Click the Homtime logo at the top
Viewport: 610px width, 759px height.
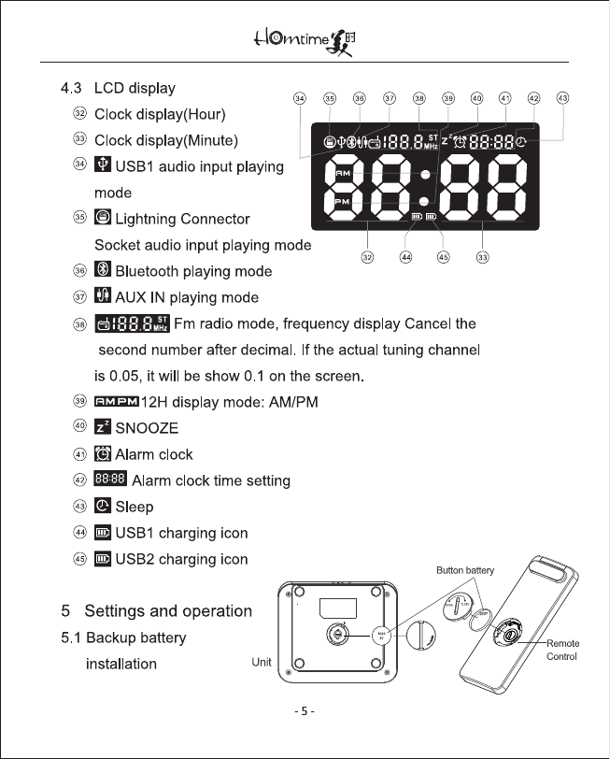305,40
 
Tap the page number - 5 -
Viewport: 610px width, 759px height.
305,711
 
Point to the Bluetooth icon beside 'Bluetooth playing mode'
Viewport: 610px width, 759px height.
104,271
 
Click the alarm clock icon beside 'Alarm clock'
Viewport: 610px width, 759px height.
104,454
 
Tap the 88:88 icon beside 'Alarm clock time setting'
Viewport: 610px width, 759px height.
112,480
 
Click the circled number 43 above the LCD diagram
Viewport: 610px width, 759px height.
562,97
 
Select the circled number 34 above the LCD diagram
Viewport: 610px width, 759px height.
299,97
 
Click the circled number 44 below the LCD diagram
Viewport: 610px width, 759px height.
406,257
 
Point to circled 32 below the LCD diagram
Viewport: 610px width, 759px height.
368,257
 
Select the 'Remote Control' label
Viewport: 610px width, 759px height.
562,650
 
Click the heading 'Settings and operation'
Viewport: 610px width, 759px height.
168,611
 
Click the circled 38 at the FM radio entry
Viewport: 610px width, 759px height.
80,324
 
